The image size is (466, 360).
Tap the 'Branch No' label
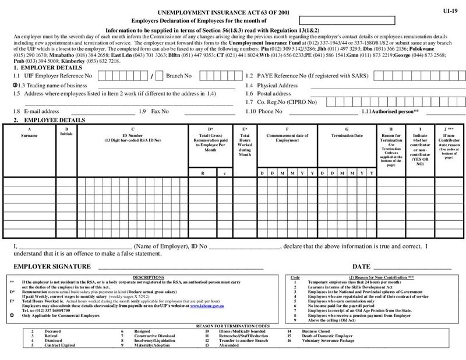point(179,76)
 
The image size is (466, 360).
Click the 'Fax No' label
point(160,111)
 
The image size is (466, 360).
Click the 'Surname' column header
point(29,135)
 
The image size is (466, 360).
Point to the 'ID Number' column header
point(133,135)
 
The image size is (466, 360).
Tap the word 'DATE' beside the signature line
point(361,266)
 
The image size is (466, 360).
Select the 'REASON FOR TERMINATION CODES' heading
point(233,326)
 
